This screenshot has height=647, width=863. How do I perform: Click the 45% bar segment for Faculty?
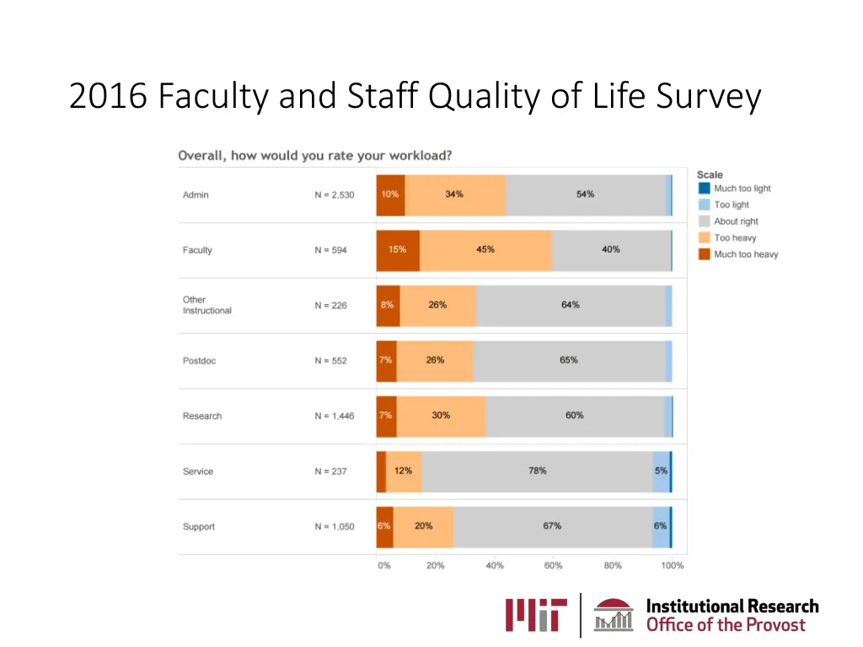point(485,250)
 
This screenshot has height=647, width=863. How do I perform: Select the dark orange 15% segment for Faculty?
point(398,250)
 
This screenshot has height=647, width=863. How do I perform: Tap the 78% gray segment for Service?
point(537,471)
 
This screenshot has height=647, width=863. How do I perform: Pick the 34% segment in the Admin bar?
point(455,195)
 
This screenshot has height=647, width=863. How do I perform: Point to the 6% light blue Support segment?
point(660,527)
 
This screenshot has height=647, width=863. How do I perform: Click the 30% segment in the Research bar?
point(441,415)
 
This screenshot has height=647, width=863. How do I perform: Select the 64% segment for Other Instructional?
point(571,305)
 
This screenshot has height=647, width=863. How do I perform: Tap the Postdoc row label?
point(199,361)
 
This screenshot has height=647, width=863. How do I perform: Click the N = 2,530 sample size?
point(335,195)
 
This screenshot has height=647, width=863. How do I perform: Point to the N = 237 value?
point(331,472)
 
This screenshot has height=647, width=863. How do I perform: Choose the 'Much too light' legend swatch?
point(705,189)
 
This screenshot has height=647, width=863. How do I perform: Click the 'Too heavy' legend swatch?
point(705,238)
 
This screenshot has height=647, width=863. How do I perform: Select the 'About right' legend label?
point(736,222)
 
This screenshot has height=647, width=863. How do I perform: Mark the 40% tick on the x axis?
point(495,566)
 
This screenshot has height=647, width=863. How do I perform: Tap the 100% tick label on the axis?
point(673,566)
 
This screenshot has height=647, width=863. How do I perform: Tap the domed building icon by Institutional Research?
point(614,616)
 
